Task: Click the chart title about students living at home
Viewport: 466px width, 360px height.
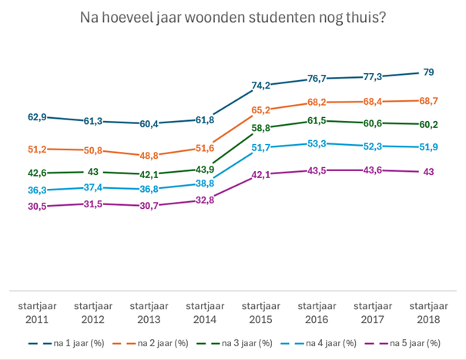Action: (233, 17)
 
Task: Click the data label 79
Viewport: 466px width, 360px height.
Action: (429, 72)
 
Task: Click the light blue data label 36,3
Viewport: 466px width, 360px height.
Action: (37, 190)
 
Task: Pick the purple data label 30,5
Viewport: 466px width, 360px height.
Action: (37, 207)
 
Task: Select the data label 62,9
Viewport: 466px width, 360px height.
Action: (37, 117)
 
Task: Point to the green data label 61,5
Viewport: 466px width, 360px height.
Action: (317, 121)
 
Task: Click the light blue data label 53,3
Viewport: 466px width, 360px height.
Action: (317, 143)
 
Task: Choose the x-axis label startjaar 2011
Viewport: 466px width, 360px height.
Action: (37, 311)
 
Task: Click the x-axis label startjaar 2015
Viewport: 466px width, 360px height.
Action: (261, 311)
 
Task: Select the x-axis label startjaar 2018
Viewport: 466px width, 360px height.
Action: (429, 311)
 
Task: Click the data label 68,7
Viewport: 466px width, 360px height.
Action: (429, 101)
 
